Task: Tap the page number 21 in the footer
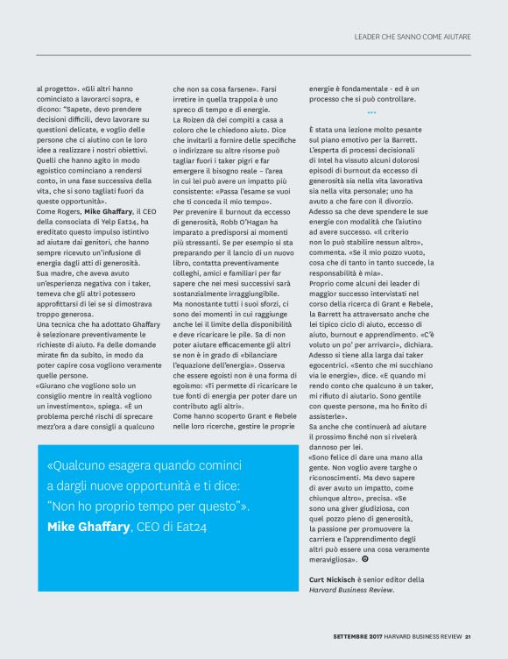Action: point(469,637)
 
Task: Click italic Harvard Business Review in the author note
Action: point(350,590)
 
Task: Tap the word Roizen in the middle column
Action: point(194,118)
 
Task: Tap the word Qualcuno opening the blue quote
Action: point(82,466)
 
